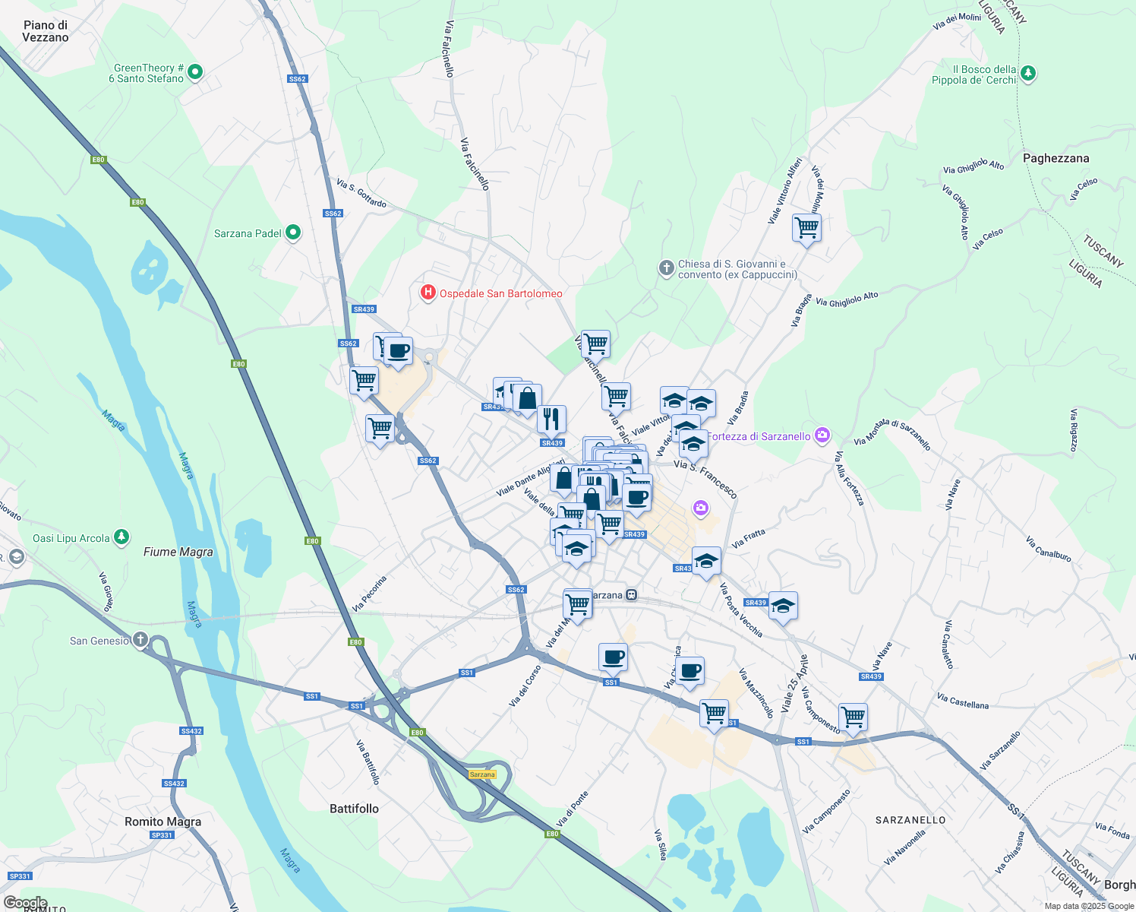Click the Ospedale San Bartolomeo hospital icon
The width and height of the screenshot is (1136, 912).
[x=428, y=293]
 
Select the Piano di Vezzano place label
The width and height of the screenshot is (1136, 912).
[x=46, y=31]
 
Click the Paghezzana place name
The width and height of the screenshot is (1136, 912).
[x=1056, y=158]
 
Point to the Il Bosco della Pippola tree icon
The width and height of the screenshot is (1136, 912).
[x=1028, y=74]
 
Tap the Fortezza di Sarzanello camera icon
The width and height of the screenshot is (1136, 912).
[x=822, y=435]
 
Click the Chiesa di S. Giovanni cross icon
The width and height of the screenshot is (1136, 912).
[x=666, y=268]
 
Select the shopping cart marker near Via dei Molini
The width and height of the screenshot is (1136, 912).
[x=806, y=227]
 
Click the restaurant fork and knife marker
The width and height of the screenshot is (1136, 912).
[x=551, y=419]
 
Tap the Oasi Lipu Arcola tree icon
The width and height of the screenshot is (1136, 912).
[x=121, y=538]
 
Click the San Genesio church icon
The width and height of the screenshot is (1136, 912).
[x=140, y=640]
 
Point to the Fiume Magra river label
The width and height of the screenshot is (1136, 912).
[x=178, y=552]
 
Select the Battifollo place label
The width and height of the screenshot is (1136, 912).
[x=354, y=809]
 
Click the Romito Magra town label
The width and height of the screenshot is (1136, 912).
[x=163, y=822]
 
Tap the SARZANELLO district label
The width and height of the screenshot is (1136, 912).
[x=910, y=820]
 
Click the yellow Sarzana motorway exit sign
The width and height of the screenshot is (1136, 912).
[x=482, y=774]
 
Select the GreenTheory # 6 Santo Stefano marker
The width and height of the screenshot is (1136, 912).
[x=194, y=72]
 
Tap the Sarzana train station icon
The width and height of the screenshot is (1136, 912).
[x=631, y=595]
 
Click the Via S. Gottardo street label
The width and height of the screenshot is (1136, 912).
[x=361, y=193]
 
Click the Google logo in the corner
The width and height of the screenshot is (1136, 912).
[x=25, y=903]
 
